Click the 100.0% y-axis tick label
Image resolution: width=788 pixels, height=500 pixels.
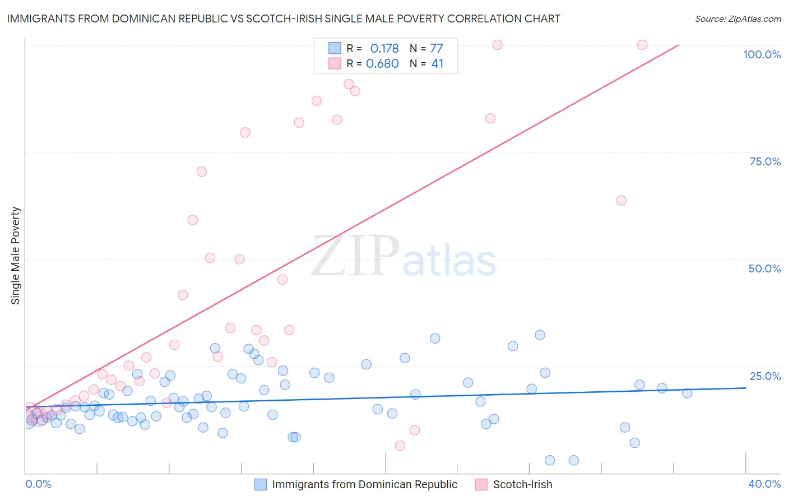coord(762,54)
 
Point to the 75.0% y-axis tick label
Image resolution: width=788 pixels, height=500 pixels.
coord(765,161)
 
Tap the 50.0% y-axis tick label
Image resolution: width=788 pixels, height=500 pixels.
coord(764,268)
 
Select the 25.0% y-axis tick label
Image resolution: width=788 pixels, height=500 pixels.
coord(765,376)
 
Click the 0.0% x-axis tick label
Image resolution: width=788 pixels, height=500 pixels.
coord(38,484)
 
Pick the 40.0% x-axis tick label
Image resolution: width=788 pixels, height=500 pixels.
coord(764,484)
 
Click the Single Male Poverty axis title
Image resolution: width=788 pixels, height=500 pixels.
coord(16,256)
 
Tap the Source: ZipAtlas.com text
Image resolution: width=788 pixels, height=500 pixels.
coord(738,19)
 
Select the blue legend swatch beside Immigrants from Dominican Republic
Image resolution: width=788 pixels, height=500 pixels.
coord(261,484)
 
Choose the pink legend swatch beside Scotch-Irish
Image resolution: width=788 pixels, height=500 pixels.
coord(481,484)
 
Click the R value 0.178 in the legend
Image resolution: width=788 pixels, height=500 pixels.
coord(384,49)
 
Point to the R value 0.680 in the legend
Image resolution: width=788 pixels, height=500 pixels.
coord(382,64)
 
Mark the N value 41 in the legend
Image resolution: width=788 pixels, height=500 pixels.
coord(437,64)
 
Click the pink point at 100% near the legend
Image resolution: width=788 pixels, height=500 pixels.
coord(497,45)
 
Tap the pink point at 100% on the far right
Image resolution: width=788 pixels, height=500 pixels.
coord(642,45)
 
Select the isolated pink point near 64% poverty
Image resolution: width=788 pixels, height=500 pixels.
coord(621,201)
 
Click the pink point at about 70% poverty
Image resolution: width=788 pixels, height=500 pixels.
coord(202,172)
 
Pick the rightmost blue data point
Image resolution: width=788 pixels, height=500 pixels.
coord(687,393)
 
